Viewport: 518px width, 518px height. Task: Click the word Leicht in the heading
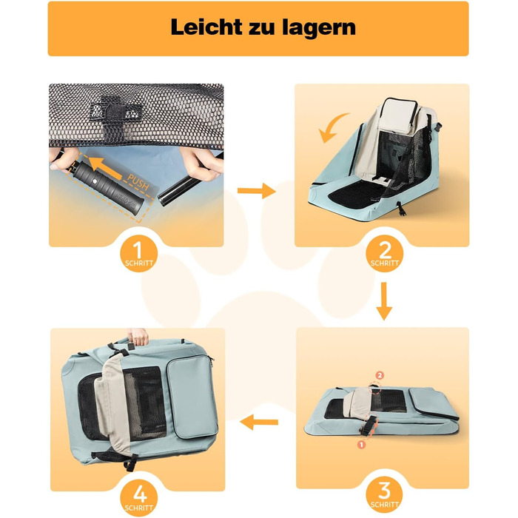(206, 27)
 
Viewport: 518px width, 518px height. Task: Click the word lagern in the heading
(319, 28)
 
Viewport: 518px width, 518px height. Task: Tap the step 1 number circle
(139, 254)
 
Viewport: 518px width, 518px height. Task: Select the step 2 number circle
(384, 254)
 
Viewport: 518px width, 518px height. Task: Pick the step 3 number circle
(384, 494)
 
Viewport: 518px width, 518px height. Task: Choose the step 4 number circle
(139, 498)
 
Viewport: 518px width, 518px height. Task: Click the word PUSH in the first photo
(138, 182)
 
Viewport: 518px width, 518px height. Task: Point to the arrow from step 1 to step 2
(256, 191)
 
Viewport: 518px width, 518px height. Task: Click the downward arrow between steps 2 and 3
(384, 301)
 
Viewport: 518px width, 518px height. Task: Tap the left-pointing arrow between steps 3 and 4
(259, 422)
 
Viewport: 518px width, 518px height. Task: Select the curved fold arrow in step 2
(332, 128)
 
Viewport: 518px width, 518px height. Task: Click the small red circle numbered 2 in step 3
(380, 375)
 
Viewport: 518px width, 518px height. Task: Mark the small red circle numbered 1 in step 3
(361, 445)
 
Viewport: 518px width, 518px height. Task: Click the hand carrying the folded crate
(138, 336)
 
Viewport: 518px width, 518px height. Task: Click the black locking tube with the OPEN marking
(107, 187)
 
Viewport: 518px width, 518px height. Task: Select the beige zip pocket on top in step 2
(398, 116)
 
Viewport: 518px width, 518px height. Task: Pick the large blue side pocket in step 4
(192, 397)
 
